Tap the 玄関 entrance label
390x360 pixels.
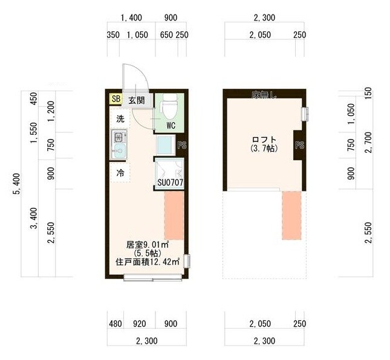[135, 100]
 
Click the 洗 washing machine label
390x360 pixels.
[120, 119]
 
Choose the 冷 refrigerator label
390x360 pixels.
[120, 172]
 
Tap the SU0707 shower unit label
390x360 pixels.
[170, 181]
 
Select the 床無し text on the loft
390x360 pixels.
[264, 94]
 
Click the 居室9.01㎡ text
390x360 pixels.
[147, 245]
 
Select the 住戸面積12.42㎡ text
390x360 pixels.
[147, 262]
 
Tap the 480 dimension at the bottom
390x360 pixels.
[115, 323]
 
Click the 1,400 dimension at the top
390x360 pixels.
[132, 18]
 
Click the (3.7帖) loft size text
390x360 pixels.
[261, 148]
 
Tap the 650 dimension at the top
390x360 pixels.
[167, 35]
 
